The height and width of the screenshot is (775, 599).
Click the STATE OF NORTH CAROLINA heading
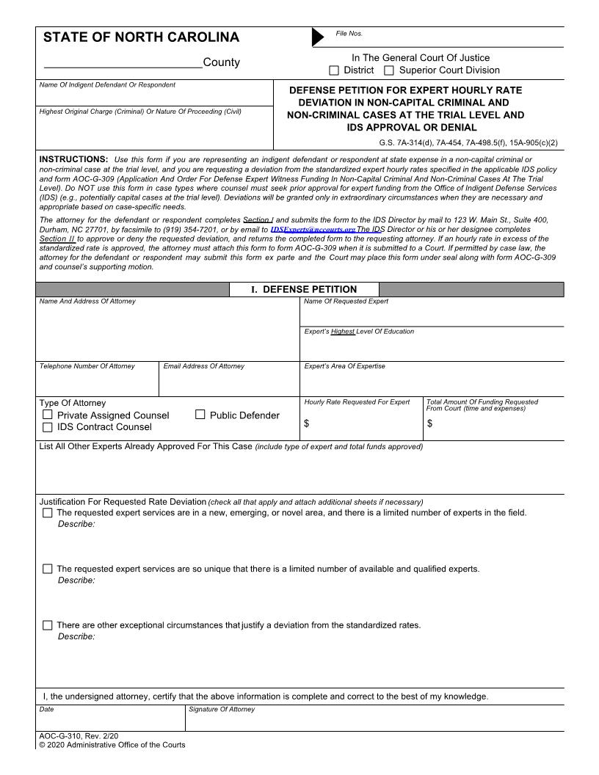pyautogui.click(x=141, y=37)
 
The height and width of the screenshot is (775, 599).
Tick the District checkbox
pyautogui.click(x=334, y=70)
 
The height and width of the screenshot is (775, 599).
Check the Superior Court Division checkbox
pyautogui.click(x=389, y=70)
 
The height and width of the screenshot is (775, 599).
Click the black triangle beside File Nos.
pyautogui.click(x=318, y=37)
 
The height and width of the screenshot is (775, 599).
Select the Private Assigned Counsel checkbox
pyautogui.click(x=48, y=415)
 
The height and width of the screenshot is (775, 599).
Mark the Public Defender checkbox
pyautogui.click(x=200, y=415)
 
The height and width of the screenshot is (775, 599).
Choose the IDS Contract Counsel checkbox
pyautogui.click(x=48, y=427)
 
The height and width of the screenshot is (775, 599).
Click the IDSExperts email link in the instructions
pyautogui.click(x=313, y=229)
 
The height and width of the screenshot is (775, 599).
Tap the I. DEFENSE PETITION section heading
pyautogui.click(x=304, y=289)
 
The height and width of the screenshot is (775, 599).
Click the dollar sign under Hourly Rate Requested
pyautogui.click(x=307, y=423)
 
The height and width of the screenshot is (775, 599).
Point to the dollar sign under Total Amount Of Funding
pyautogui.click(x=429, y=423)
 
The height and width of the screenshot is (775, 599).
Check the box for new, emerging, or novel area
pyautogui.click(x=48, y=513)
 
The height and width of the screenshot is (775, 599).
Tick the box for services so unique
pyautogui.click(x=48, y=569)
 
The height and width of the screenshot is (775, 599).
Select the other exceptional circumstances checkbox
pyautogui.click(x=48, y=625)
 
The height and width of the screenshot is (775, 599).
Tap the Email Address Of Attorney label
pyautogui.click(x=203, y=366)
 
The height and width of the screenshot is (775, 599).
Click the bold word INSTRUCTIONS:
pyautogui.click(x=73, y=159)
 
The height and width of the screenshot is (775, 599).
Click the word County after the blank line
pyautogui.click(x=221, y=62)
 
